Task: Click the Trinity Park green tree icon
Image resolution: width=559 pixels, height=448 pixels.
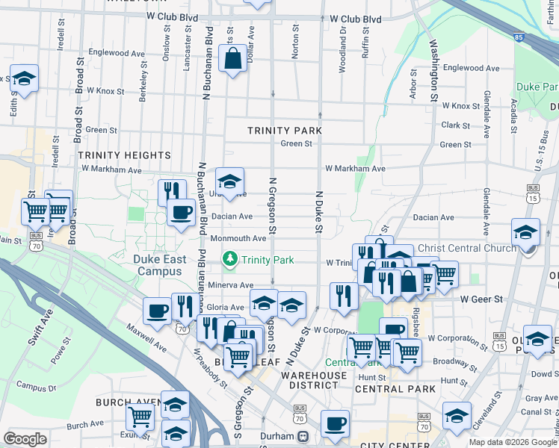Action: (x=230, y=260)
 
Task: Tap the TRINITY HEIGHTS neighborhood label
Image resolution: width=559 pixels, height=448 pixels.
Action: (x=125, y=155)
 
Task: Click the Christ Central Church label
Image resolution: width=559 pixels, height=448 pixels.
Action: (x=467, y=248)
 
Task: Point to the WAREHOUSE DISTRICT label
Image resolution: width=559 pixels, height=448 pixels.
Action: (x=315, y=380)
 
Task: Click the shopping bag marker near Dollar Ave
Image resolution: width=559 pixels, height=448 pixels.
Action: (x=232, y=58)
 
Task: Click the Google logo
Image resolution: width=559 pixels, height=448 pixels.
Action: (x=25, y=439)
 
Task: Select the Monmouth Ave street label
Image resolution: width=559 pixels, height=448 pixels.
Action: (x=238, y=239)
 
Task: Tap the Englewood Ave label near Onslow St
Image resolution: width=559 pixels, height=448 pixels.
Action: (x=116, y=53)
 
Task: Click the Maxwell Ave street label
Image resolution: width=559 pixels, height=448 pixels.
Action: (x=146, y=337)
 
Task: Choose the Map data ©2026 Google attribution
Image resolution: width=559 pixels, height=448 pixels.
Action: (x=512, y=442)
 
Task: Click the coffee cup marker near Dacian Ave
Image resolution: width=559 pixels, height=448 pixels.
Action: (x=180, y=213)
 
